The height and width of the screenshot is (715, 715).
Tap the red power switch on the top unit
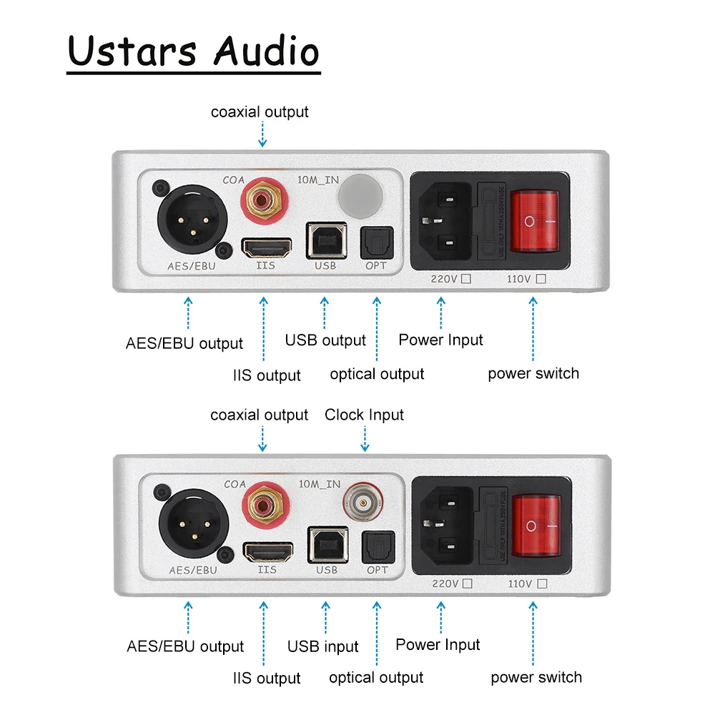[x=538, y=222]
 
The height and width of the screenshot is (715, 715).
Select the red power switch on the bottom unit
[x=540, y=526]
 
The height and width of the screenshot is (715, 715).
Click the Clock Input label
[x=364, y=415]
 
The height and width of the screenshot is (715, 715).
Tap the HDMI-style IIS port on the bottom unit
[x=267, y=553]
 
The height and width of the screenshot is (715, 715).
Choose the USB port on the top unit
[x=325, y=240]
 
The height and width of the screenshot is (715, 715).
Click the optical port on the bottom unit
[x=377, y=548]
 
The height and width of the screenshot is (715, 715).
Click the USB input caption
[x=323, y=647]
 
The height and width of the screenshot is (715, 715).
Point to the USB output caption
[x=325, y=340]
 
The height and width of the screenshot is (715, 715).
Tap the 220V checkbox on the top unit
[x=466, y=280]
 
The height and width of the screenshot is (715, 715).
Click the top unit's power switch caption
[x=533, y=373]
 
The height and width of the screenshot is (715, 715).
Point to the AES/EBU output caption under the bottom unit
[x=185, y=646]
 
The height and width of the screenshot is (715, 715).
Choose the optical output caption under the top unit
[x=377, y=374]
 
